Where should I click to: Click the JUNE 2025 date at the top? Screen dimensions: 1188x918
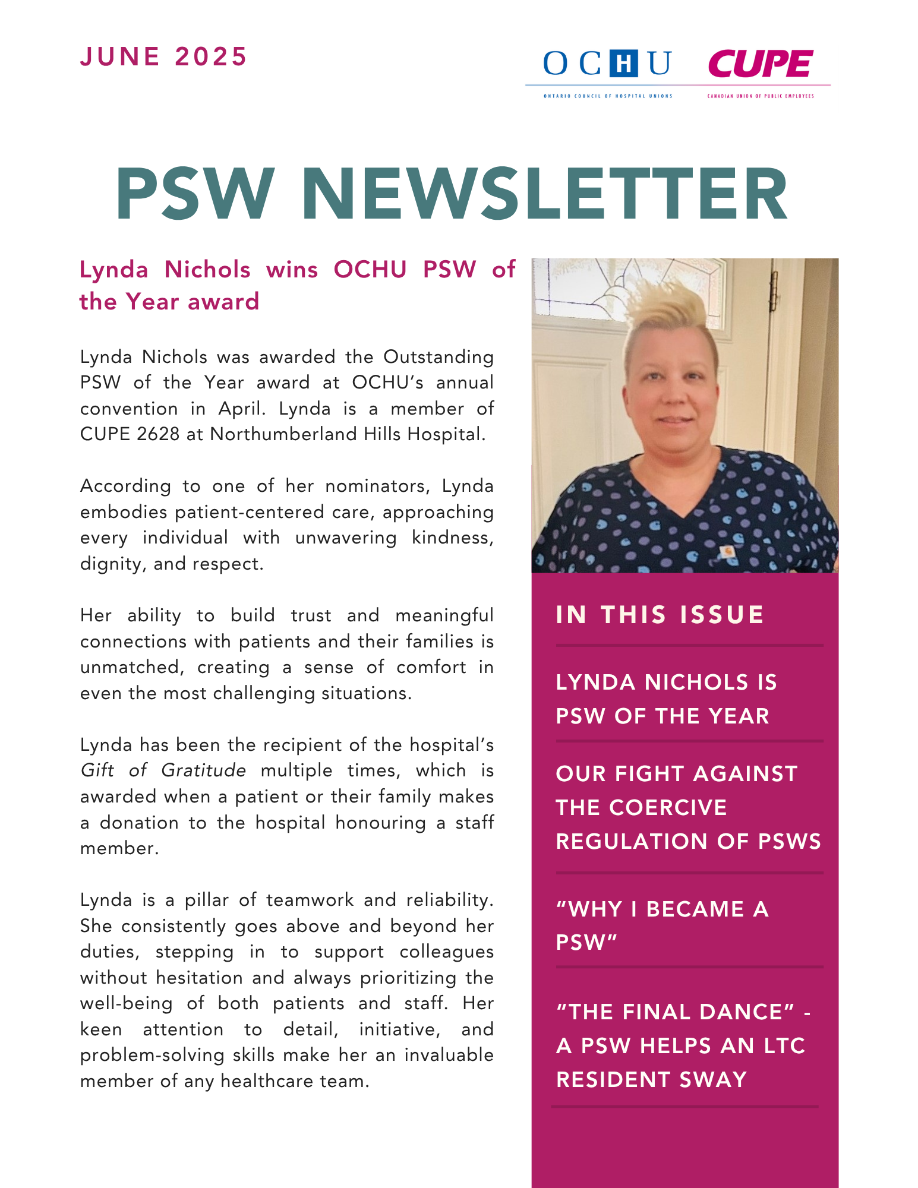click(163, 57)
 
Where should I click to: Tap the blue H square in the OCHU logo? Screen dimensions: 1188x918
click(623, 64)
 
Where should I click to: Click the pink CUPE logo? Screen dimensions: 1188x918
click(761, 64)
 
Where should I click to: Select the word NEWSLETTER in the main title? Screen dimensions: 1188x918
click(544, 195)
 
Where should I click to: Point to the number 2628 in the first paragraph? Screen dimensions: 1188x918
click(158, 434)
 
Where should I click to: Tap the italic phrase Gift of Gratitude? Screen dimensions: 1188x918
click(163, 770)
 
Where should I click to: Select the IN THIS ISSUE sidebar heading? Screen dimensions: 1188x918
click(660, 615)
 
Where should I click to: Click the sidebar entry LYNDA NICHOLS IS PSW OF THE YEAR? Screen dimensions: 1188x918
click(665, 699)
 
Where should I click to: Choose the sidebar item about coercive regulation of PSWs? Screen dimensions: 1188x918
click(688, 807)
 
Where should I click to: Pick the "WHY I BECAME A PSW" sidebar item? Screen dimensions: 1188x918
click(662, 925)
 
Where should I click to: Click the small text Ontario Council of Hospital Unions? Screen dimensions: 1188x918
click(608, 96)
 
